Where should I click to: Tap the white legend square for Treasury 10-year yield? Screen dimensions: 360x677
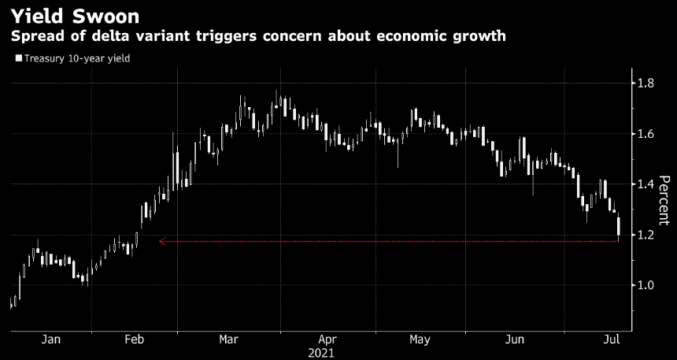(18, 58)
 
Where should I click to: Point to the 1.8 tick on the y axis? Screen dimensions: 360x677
(647, 83)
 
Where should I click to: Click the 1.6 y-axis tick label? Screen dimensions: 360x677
(647, 134)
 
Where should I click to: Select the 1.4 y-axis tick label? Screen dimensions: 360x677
(647, 184)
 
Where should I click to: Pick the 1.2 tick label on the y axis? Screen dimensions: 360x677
(647, 235)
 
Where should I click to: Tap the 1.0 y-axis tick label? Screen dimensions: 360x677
(647, 285)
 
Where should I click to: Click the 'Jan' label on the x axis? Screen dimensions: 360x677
(50, 340)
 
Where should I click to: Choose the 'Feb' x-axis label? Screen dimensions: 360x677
(134, 340)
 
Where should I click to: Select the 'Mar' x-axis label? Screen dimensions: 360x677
(229, 340)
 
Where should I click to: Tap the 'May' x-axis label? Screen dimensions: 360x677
(419, 340)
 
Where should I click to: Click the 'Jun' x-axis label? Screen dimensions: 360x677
(514, 340)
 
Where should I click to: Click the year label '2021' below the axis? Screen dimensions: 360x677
(321, 353)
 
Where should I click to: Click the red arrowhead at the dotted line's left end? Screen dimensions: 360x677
(161, 242)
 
